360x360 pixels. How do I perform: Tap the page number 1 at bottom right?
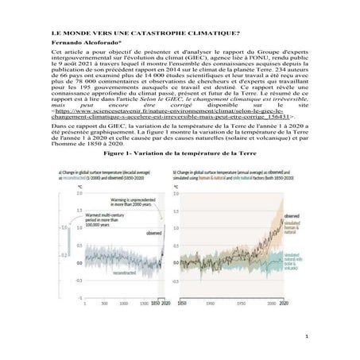pos(315,339)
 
